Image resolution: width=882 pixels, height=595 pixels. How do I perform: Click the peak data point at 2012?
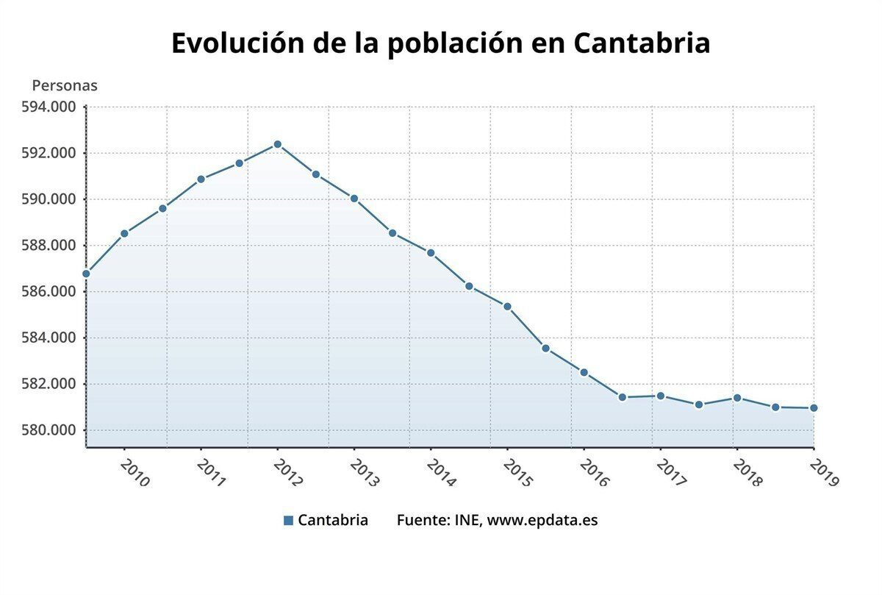click(x=277, y=144)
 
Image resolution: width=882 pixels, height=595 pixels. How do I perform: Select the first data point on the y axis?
click(x=86, y=274)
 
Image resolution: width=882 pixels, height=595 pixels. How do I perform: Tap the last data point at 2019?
click(x=814, y=408)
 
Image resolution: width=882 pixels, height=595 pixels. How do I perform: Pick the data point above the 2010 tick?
click(x=124, y=233)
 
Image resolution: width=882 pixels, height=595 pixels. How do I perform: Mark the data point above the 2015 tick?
click(x=507, y=307)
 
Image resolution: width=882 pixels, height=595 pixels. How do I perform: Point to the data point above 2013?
click(x=354, y=199)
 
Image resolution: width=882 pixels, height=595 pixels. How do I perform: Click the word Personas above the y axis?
click(x=65, y=85)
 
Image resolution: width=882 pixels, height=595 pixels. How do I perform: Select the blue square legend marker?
click(x=288, y=521)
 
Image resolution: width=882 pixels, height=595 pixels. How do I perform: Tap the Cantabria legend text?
click(x=333, y=520)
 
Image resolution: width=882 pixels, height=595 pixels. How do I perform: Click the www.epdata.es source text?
click(x=542, y=520)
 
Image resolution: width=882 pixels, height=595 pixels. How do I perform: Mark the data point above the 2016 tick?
click(x=584, y=372)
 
